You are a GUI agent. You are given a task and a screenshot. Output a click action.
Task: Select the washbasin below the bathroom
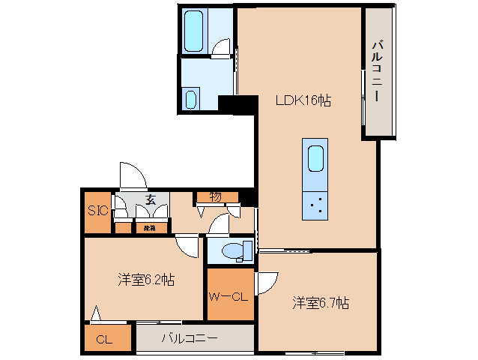[x=190, y=99]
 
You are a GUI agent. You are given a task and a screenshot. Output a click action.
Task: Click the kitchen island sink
[x=315, y=158]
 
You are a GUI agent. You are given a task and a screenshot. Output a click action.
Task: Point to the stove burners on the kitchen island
[x=315, y=205]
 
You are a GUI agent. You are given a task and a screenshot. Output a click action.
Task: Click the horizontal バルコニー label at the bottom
[x=190, y=338]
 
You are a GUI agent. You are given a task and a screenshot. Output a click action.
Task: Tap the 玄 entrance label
[x=150, y=199]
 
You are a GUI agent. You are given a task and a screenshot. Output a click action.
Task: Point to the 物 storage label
[x=215, y=196]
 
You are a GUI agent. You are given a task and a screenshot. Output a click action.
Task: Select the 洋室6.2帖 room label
[x=146, y=280]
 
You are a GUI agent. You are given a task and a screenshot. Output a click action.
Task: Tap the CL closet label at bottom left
[x=104, y=340]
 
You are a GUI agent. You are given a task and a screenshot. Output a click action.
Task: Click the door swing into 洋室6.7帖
[x=265, y=283]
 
